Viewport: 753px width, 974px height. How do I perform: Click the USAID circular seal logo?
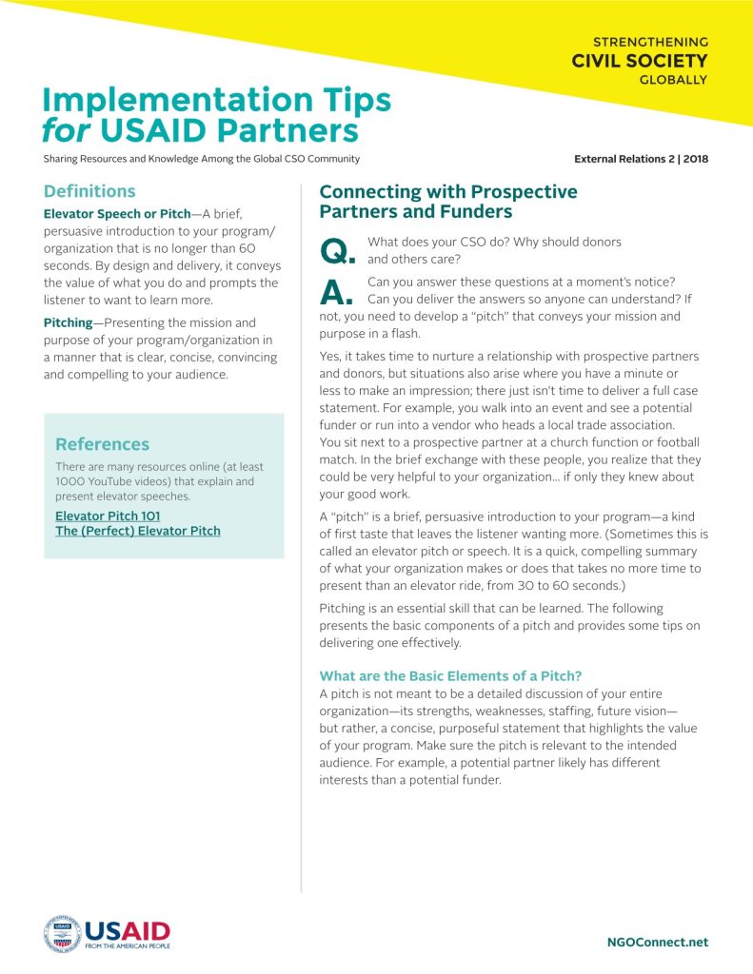[62, 934]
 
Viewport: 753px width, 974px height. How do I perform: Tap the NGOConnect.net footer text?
[657, 942]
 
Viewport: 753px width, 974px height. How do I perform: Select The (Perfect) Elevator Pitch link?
[138, 530]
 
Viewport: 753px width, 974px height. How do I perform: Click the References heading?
[102, 444]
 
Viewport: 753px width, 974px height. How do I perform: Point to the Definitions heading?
[89, 191]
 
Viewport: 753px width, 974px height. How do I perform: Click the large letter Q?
[337, 250]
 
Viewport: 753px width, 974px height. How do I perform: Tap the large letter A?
[337, 292]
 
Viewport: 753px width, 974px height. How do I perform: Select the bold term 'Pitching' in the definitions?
[68, 323]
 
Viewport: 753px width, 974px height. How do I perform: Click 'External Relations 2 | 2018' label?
[641, 159]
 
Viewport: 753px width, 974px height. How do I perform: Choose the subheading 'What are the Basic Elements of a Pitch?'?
[450, 676]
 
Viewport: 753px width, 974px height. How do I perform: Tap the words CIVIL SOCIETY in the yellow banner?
[639, 61]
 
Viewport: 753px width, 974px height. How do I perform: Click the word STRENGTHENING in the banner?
[650, 42]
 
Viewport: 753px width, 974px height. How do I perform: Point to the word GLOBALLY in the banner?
[673, 80]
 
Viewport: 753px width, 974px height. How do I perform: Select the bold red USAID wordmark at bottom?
[127, 929]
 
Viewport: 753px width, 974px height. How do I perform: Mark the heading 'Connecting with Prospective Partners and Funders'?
[448, 201]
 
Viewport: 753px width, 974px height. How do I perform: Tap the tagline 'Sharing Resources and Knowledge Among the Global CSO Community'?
[201, 159]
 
